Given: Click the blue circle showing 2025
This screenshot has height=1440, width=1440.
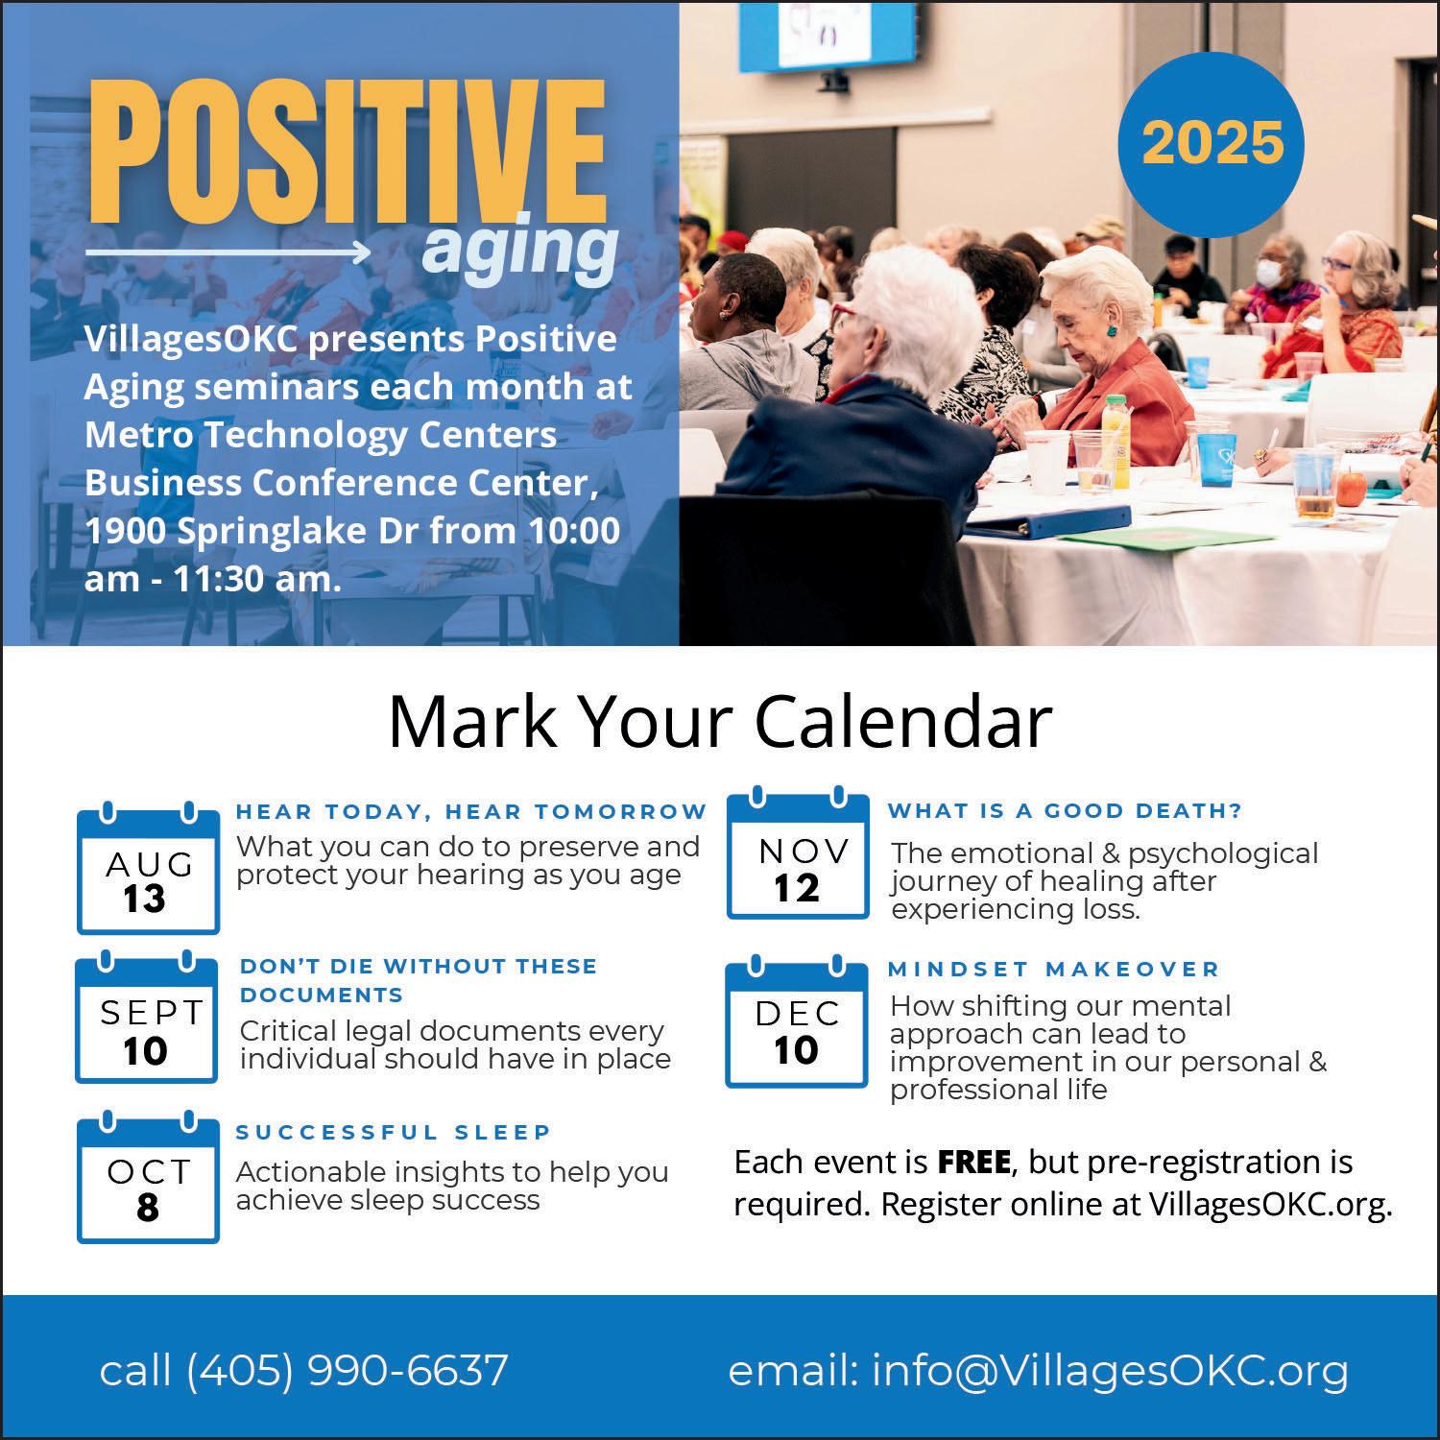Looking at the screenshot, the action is click(1212, 143).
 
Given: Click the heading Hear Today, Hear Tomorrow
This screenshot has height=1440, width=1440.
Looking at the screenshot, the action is click(471, 812).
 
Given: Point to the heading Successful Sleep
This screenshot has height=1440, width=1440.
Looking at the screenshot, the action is click(394, 1133).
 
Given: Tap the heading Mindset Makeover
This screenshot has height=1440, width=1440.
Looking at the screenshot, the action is click(1054, 970).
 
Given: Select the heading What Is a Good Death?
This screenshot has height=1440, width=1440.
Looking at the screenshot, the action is click(1065, 811).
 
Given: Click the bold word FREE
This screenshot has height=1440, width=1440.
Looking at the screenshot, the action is click(973, 1163).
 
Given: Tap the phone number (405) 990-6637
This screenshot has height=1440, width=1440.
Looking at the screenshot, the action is click(347, 1370).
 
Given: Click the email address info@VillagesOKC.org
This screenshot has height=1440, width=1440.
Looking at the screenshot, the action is click(1110, 1371).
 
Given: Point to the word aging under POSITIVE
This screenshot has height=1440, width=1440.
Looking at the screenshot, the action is click(519, 249).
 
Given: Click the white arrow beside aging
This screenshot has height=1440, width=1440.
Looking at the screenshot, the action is click(228, 252).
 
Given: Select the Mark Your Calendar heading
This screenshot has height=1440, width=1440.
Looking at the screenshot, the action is click(720, 722).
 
